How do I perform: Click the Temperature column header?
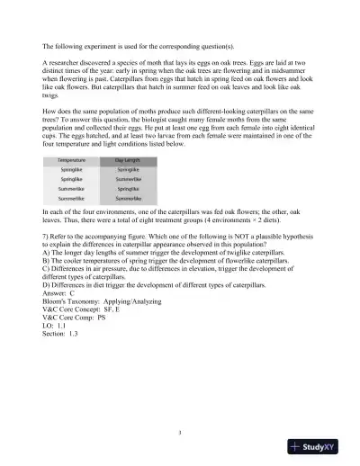(x=73, y=159)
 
